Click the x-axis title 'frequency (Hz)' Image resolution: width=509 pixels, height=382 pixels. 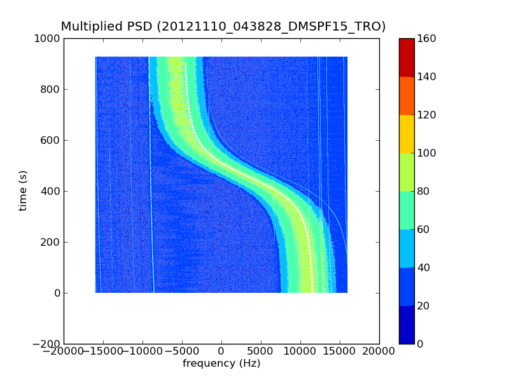coord(221,364)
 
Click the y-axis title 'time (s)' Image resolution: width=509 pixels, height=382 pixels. coord(23,191)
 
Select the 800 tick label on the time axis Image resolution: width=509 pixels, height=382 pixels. coord(50,90)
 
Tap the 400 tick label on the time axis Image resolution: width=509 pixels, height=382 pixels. coord(50,192)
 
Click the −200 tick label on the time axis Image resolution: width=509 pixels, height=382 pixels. coord(46,344)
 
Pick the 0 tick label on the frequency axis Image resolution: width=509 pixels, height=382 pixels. coord(221,351)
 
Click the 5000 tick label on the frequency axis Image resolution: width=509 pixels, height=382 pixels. coord(261,351)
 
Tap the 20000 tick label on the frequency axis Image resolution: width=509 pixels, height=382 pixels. coord(379,351)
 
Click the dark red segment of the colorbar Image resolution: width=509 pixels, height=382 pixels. coord(407,57)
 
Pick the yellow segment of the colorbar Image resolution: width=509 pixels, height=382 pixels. coord(407,134)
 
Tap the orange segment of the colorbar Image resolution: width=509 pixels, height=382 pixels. coord(407,95)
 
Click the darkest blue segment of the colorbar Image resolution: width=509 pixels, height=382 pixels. coord(407,325)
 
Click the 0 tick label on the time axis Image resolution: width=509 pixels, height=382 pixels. coord(56,294)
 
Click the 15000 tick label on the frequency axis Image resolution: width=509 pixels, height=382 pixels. coord(340,351)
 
